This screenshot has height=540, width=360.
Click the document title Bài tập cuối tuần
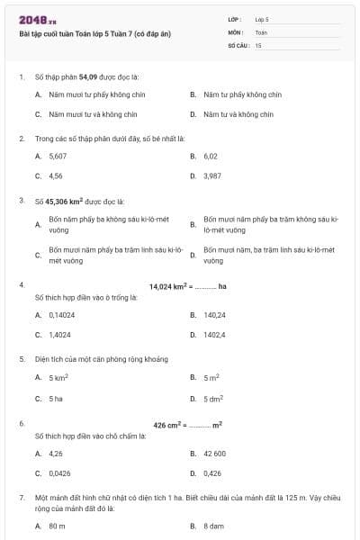[94, 34]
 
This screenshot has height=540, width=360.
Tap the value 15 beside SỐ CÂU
[258, 44]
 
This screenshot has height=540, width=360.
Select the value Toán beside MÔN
[261, 31]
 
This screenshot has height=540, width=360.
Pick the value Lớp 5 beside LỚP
[262, 18]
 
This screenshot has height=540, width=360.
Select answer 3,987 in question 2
[212, 175]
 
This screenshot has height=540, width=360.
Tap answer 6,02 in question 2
[211, 156]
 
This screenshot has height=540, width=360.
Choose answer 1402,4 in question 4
[214, 335]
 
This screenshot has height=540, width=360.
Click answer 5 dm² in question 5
[212, 398]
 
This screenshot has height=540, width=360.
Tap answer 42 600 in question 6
[214, 454]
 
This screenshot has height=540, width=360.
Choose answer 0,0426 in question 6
[59, 472]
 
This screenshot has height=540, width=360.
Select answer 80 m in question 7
[58, 525]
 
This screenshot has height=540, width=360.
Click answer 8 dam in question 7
[213, 525]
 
